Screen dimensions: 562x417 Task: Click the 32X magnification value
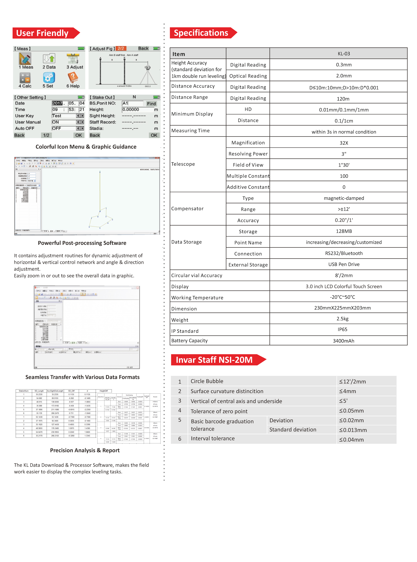pyautogui.click(x=344, y=143)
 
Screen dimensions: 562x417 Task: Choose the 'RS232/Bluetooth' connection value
pyautogui.click(x=344, y=253)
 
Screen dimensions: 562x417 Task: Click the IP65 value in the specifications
pyautogui.click(x=342, y=329)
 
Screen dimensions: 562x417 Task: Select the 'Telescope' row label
pyautogui.click(x=183, y=164)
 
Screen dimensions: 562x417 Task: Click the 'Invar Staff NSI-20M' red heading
pyautogui.click(x=214, y=360)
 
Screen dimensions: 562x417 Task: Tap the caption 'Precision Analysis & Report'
pyautogui.click(x=85, y=450)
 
